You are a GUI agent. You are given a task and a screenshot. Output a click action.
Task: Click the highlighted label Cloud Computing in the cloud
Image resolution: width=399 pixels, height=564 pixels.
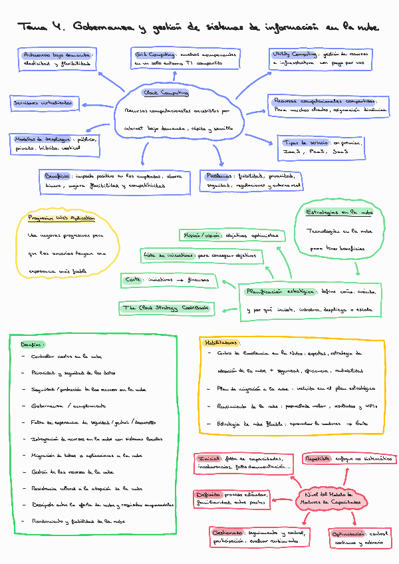pyautogui.click(x=166, y=93)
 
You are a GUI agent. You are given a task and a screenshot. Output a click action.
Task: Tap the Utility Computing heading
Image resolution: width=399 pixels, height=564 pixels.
pyautogui.click(x=294, y=53)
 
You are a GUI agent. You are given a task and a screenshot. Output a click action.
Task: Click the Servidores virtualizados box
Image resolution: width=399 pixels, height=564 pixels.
pyautogui.click(x=43, y=104)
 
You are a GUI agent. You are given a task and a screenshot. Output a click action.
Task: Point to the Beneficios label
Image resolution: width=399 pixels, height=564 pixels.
pyautogui.click(x=58, y=176)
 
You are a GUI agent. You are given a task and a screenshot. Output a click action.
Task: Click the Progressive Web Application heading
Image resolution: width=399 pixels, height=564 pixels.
pyautogui.click(x=61, y=217)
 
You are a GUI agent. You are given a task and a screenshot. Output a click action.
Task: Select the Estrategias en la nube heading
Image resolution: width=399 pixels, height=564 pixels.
pyautogui.click(x=339, y=212)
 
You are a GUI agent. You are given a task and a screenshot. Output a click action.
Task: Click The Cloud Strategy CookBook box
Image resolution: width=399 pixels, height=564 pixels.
pyautogui.click(x=166, y=307)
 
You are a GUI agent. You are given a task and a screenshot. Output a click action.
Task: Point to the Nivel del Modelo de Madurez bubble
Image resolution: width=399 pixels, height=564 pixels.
pyautogui.click(x=328, y=498)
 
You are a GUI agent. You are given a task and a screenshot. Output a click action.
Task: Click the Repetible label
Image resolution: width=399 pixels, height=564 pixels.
pyautogui.click(x=319, y=459)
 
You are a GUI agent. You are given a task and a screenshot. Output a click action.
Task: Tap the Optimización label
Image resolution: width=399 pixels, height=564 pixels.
pyautogui.click(x=348, y=533)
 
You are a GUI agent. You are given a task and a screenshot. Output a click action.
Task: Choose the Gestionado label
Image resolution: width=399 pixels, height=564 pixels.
pyautogui.click(x=228, y=533)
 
